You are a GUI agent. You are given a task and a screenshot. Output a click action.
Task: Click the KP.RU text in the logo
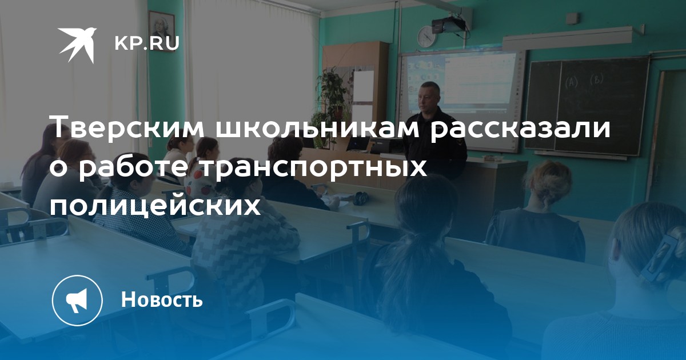point(147,43)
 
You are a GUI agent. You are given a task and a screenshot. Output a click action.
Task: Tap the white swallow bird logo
point(78,45)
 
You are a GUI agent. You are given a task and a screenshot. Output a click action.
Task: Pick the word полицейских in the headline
point(155,206)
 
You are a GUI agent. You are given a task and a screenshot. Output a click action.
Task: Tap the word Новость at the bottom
point(162,299)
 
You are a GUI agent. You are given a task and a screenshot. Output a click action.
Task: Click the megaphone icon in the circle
point(77,300)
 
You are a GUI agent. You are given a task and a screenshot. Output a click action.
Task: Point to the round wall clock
point(426,37)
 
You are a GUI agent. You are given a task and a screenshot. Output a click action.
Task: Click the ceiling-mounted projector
point(449,24)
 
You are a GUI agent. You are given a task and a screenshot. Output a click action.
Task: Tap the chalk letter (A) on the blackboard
point(571,82)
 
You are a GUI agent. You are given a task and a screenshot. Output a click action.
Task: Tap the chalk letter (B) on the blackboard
point(596,79)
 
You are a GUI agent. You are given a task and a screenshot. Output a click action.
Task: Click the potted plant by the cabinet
point(332,95)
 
